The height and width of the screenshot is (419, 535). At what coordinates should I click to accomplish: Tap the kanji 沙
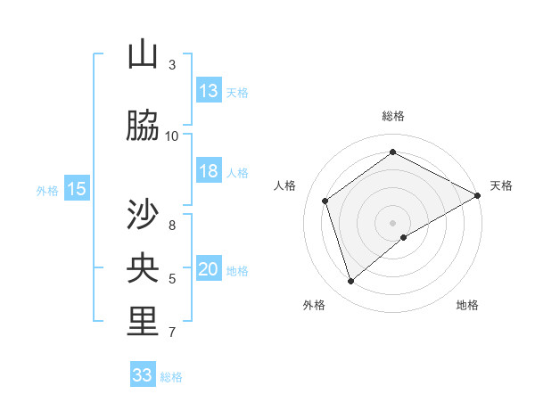click(143, 214)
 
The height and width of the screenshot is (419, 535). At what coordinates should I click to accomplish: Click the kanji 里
click(143, 322)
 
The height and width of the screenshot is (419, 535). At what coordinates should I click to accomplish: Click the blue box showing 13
click(209, 91)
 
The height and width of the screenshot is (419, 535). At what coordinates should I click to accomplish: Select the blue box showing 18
click(209, 171)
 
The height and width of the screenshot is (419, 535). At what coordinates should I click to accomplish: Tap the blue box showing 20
click(209, 270)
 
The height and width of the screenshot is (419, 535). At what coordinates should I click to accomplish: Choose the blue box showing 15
click(77, 189)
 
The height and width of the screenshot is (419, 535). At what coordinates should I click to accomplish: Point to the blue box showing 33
click(142, 375)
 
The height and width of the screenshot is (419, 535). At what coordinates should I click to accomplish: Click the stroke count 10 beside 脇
click(172, 136)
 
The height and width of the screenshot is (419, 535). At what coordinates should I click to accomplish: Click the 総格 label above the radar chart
click(393, 116)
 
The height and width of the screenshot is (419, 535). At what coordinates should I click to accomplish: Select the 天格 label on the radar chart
click(501, 185)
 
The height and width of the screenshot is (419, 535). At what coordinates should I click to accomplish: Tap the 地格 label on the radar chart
click(467, 305)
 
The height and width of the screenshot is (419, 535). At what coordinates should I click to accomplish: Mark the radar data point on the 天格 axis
click(478, 195)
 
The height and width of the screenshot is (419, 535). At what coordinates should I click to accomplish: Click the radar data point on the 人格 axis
click(325, 201)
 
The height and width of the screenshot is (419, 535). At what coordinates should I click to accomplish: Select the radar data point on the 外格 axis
click(351, 282)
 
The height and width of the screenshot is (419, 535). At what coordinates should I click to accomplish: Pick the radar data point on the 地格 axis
click(404, 237)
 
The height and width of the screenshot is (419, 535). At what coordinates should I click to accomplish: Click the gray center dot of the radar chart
click(393, 222)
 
